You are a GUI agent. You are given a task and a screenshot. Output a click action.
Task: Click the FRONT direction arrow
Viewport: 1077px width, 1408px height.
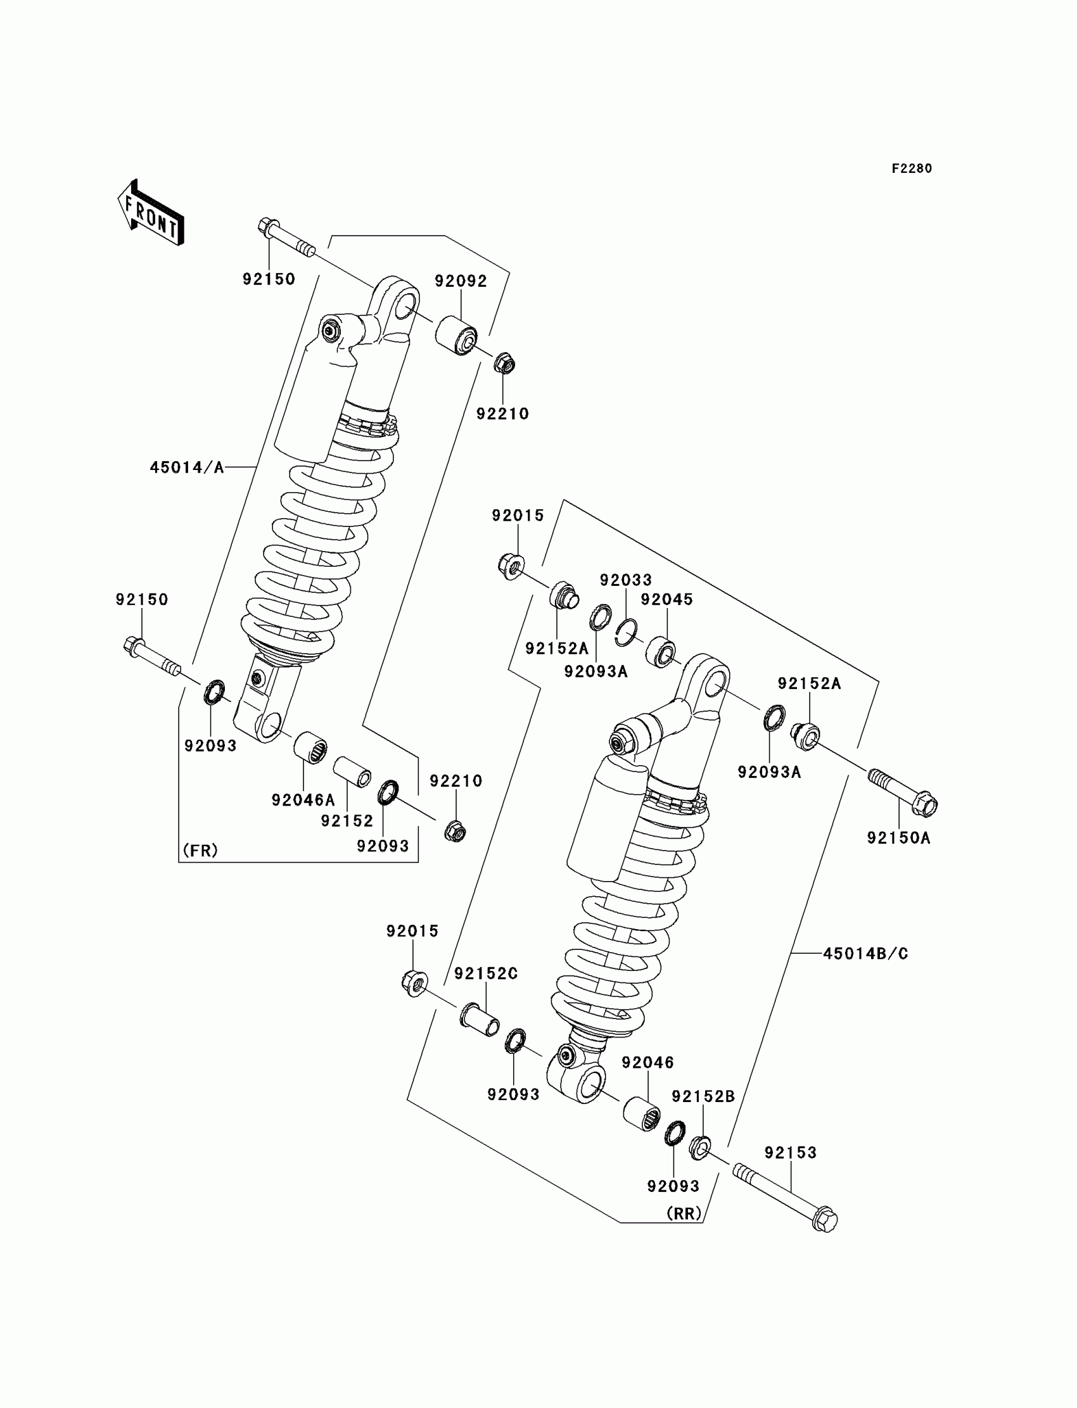tap(151, 213)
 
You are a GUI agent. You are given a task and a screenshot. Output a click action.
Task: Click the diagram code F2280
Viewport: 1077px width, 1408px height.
tap(912, 168)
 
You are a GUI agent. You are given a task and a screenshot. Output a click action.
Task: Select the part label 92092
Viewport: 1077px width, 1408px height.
tap(461, 281)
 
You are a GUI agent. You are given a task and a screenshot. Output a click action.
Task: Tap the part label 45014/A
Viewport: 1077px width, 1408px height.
tap(187, 468)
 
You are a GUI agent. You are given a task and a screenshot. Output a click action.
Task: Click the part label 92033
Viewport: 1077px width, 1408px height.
tap(626, 580)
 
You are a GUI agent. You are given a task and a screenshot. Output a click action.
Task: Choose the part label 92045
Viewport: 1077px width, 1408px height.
tap(666, 599)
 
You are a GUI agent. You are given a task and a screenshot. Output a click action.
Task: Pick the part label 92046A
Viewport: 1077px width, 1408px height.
tap(303, 800)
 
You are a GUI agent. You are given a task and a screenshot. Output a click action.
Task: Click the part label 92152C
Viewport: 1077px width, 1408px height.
tap(486, 974)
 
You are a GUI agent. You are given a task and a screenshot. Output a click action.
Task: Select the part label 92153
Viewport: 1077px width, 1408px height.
tap(791, 1153)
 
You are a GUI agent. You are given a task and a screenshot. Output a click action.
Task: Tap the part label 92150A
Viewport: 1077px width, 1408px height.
tap(898, 837)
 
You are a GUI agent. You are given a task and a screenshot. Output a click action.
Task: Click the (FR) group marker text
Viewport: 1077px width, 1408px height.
tap(201, 851)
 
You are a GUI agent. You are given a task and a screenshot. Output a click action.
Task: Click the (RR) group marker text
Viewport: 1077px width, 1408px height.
tap(684, 1214)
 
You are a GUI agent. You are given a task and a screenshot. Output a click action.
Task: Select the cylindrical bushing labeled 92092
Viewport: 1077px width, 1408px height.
tap(456, 334)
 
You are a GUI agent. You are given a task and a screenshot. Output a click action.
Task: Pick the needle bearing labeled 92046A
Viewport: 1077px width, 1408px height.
tap(310, 747)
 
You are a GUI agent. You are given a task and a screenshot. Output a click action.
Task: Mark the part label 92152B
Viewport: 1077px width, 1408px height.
tap(703, 1096)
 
